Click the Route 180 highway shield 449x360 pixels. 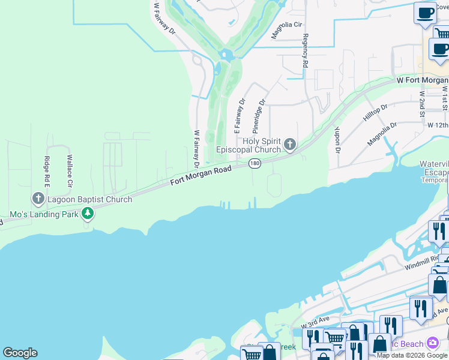coord(255,163)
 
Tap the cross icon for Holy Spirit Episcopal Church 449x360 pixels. coord(290,143)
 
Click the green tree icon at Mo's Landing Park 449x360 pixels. coord(88,213)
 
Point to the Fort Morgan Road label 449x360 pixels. coord(200,175)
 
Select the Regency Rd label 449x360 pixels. coord(305,50)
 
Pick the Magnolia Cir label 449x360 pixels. coord(285,29)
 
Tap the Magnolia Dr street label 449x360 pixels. coord(382,134)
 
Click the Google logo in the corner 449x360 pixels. coord(20,353)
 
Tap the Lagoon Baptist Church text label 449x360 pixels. coord(90,199)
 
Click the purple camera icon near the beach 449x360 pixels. coord(433,343)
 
